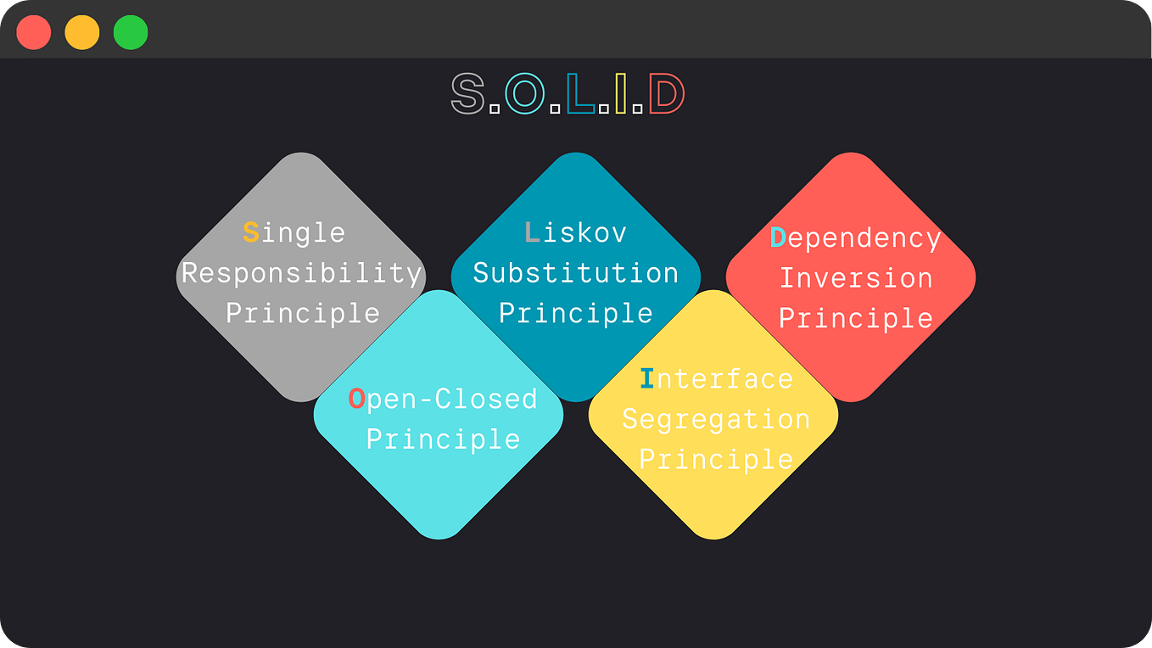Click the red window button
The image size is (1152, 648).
click(34, 32)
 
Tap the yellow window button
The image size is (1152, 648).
click(82, 32)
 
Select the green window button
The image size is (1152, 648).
click(131, 32)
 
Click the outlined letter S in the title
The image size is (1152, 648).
click(467, 93)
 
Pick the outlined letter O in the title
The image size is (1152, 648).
click(524, 93)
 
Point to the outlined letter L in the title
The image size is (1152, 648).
click(580, 93)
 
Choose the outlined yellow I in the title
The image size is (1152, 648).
click(621, 93)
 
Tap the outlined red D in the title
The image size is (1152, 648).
click(667, 93)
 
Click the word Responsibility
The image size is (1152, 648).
click(302, 273)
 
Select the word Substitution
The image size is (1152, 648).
click(576, 273)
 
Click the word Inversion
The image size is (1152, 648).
click(856, 278)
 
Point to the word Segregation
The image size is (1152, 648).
click(716, 419)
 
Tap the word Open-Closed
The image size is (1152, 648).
click(443, 399)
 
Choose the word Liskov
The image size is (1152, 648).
click(576, 232)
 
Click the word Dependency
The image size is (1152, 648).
click(855, 238)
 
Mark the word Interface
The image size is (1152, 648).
click(716, 378)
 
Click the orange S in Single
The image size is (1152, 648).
click(251, 232)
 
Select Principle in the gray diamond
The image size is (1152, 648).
click(302, 313)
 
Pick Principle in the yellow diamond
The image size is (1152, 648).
click(716, 459)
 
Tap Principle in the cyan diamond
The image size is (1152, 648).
click(443, 439)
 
